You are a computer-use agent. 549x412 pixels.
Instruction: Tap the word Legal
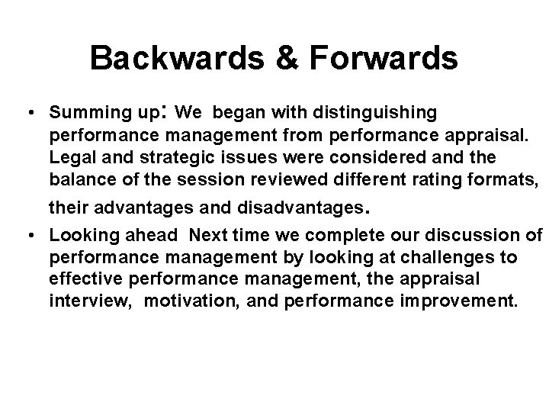[69, 157]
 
